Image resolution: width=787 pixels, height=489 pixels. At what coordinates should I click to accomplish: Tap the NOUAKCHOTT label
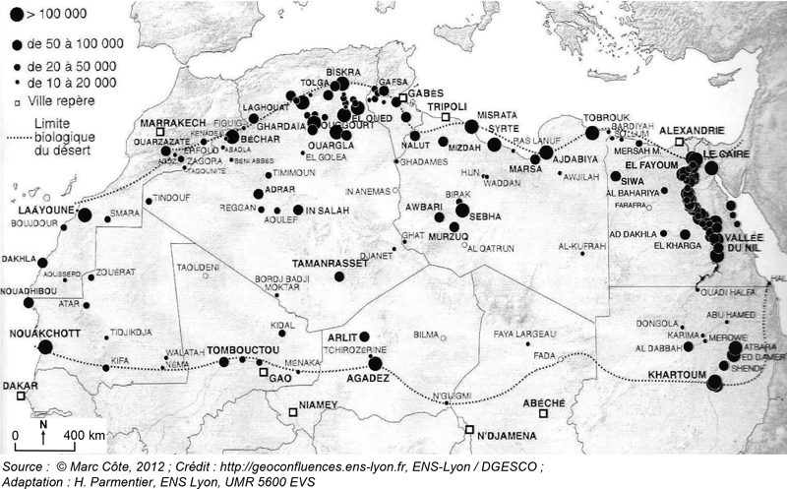pyautogui.click(x=35, y=333)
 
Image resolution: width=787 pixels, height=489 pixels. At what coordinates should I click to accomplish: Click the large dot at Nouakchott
pyautogui.click(x=44, y=346)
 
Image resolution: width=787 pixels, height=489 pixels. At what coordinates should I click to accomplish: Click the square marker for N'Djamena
pyautogui.click(x=470, y=430)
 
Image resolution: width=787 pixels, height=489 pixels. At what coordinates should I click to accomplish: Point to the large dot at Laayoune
pyautogui.click(x=85, y=214)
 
